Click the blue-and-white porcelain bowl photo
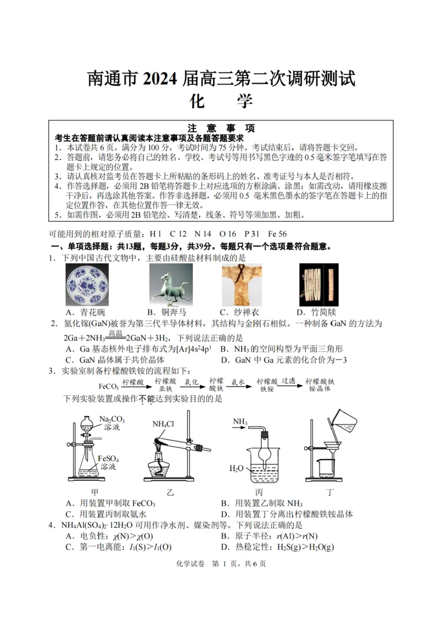pyautogui.click(x=87, y=284)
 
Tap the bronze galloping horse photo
pyautogui.click(x=171, y=284)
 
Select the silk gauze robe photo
pyautogui.click(x=242, y=284)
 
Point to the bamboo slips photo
pyautogui.click(x=319, y=284)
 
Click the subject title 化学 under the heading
pyautogui.click(x=220, y=102)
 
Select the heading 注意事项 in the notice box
pyautogui.click(x=221, y=128)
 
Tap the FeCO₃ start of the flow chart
pyautogui.click(x=109, y=387)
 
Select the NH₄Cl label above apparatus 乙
pyautogui.click(x=164, y=424)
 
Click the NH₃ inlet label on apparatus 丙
pyautogui.click(x=240, y=422)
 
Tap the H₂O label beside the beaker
pyautogui.click(x=236, y=468)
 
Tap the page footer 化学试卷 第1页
pyautogui.click(x=220, y=564)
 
